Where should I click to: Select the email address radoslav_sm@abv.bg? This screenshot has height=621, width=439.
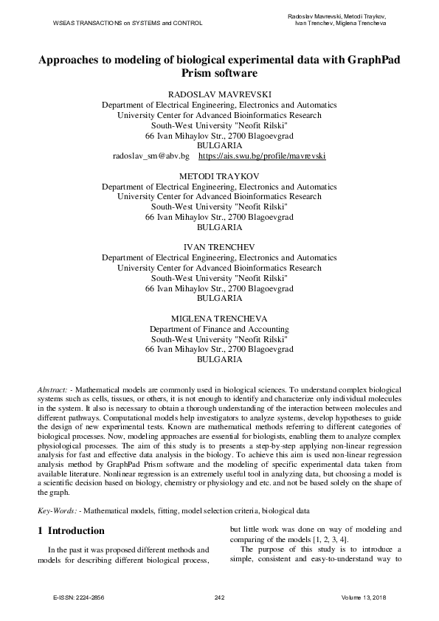151,157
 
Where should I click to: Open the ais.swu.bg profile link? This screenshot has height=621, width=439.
262,157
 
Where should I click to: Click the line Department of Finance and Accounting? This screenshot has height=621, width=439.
219,328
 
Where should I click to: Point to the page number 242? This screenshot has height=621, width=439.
219,597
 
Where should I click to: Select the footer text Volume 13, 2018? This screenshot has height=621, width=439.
364,597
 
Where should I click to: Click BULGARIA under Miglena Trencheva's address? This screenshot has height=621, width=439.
219,359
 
